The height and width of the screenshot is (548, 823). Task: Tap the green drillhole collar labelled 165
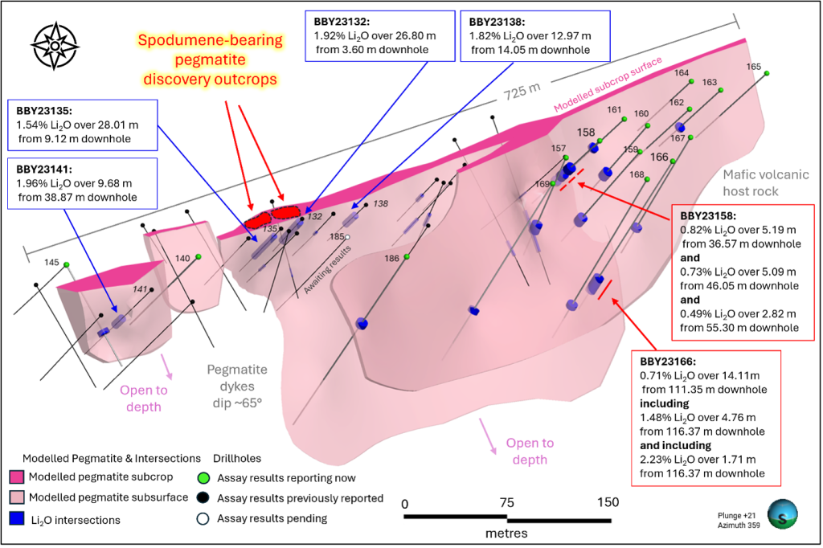(x=767, y=73)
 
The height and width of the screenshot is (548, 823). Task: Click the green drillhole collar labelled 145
(x=68, y=264)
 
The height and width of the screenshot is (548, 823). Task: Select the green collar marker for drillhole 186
(x=407, y=257)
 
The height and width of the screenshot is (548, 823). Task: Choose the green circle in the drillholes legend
(x=204, y=477)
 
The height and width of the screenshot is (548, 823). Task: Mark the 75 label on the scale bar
(x=506, y=502)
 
